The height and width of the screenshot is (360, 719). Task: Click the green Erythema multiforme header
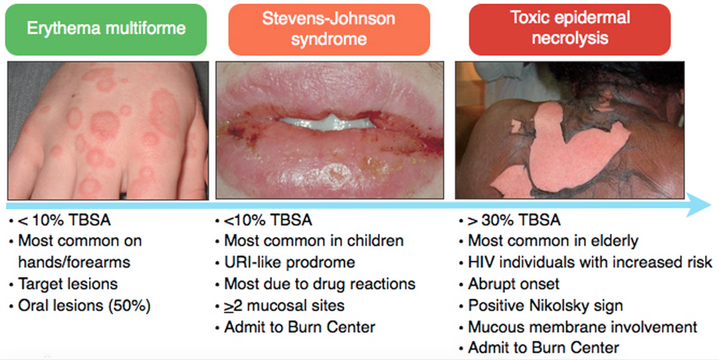tap(106, 29)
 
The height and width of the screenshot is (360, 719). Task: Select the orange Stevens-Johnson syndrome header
tap(329, 29)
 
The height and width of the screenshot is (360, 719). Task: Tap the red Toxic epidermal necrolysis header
tap(569, 29)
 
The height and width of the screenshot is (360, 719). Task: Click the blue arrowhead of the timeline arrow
tap(699, 204)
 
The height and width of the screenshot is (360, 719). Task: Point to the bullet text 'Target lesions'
tap(68, 284)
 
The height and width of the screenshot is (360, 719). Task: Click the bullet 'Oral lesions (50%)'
tap(84, 306)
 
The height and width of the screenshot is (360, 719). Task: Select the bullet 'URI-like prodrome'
tap(289, 262)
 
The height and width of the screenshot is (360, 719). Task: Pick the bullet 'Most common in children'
tap(314, 240)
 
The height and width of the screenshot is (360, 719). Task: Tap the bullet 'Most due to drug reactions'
tap(320, 284)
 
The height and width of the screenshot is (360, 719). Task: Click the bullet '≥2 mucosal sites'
tap(284, 306)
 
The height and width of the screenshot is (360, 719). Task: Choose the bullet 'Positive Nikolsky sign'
tap(545, 306)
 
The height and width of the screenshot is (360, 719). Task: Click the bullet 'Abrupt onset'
tap(514, 284)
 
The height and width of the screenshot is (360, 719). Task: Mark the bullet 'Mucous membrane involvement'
tap(582, 327)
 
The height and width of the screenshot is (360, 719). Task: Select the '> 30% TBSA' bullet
tap(514, 220)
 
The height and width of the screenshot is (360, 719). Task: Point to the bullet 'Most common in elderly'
tap(553, 240)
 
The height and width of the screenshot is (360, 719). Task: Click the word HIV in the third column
tap(482, 262)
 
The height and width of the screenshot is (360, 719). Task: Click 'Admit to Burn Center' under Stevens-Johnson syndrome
tap(300, 327)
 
